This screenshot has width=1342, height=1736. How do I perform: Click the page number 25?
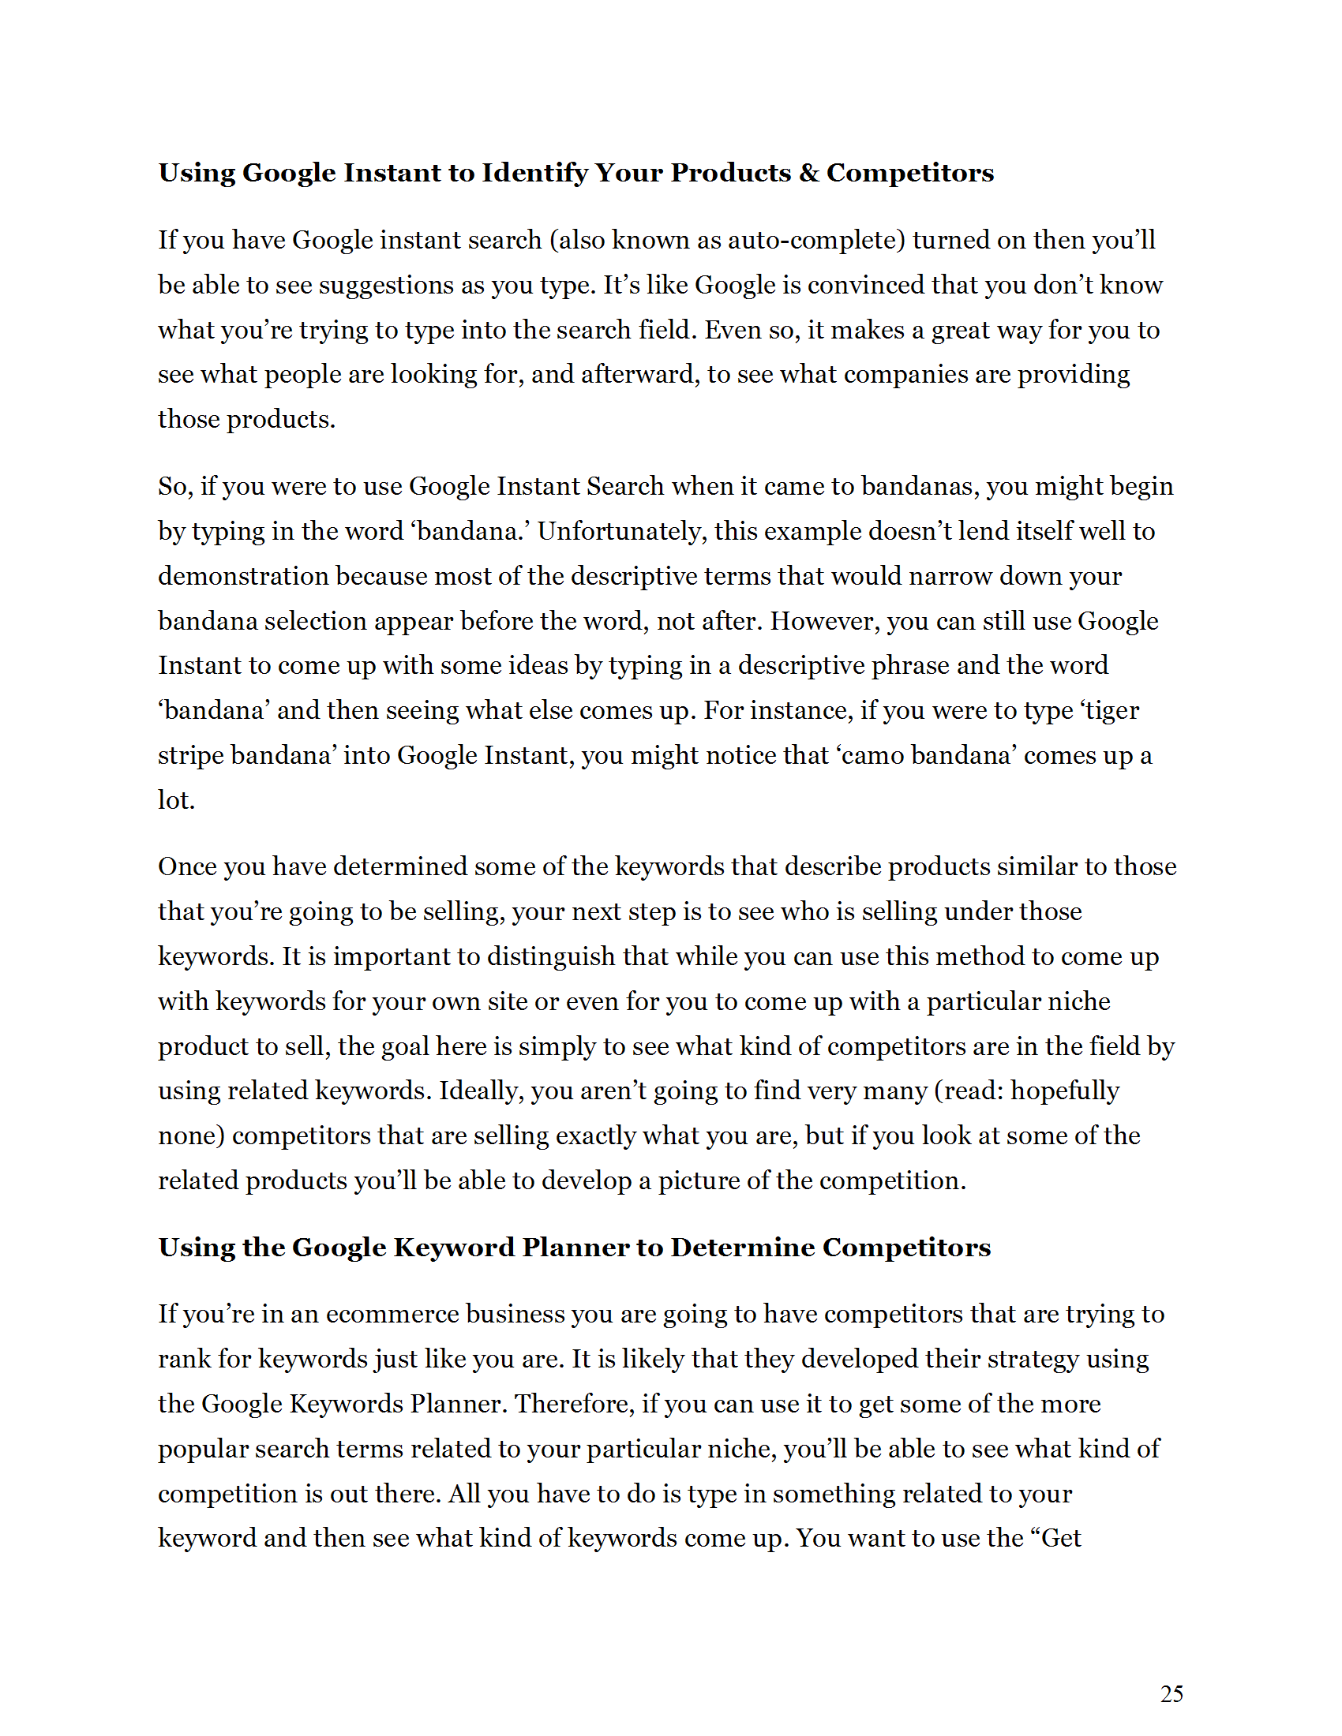1171,1693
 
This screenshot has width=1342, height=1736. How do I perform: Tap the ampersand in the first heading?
808,173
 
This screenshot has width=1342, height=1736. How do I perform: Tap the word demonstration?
242,575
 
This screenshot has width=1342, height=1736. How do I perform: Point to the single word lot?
175,799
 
